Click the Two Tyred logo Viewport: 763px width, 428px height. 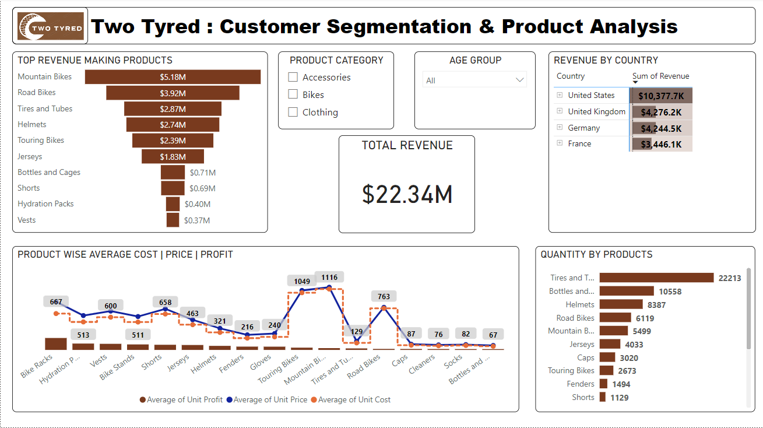click(50, 26)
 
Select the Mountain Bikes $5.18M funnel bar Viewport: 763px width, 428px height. click(173, 77)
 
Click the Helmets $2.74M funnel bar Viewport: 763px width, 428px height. click(173, 125)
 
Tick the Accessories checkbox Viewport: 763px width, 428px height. click(293, 77)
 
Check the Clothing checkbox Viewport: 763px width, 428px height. click(293, 112)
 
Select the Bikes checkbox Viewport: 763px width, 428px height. click(293, 94)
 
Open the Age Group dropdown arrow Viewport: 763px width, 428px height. click(520, 80)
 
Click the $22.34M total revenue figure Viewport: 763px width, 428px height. click(407, 194)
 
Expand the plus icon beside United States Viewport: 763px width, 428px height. click(560, 95)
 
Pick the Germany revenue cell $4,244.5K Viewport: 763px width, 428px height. click(661, 128)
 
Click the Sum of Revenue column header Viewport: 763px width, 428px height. click(660, 76)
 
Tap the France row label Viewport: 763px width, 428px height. click(579, 143)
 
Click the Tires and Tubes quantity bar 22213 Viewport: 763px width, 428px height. click(656, 278)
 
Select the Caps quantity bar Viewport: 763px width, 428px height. click(607, 357)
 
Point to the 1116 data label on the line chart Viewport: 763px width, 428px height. click(329, 277)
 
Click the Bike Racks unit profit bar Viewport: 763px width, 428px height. click(56, 343)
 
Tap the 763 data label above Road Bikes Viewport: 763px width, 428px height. click(384, 296)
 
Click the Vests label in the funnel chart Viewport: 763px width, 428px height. click(27, 220)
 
